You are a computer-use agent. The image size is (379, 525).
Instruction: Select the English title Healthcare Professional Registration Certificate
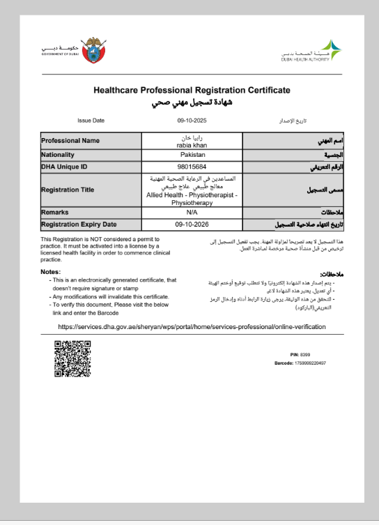point(192,91)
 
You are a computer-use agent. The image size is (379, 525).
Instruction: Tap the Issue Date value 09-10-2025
point(192,120)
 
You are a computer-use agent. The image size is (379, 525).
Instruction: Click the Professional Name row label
point(70,141)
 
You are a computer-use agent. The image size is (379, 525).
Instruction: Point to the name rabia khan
point(192,144)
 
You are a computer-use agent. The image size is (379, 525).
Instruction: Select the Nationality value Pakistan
point(192,155)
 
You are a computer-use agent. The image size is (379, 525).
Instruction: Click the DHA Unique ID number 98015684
point(192,167)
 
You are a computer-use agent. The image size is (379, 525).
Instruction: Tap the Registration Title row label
point(68,190)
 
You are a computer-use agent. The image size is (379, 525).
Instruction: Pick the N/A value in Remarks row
point(192,212)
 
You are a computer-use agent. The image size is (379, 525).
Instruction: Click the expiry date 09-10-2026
point(192,225)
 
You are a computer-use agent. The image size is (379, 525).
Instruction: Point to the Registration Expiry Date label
point(79,225)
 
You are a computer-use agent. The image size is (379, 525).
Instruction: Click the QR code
point(72,358)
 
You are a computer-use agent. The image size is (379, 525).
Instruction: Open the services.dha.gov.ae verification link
point(192,326)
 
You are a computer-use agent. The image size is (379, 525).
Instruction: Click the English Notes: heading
point(51,271)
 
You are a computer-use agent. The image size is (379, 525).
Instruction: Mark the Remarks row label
point(55,212)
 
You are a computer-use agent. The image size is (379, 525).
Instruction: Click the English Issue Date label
point(91,120)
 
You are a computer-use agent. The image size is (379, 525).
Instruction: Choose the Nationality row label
point(58,155)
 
